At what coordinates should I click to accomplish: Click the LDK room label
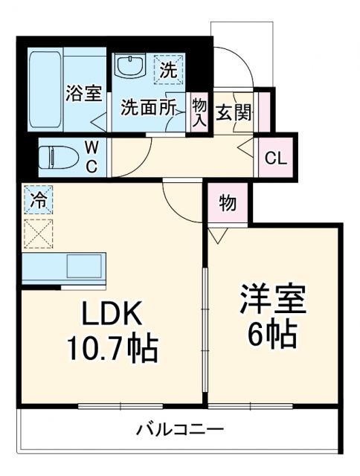[x=112, y=315]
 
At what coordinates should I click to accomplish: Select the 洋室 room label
[x=272, y=302]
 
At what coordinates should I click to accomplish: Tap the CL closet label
[x=275, y=158]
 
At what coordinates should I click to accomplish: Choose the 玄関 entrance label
[x=234, y=114]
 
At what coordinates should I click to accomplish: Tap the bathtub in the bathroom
[x=45, y=89]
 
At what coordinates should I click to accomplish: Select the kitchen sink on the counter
[x=87, y=266]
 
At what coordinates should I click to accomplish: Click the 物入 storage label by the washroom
[x=199, y=112]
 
